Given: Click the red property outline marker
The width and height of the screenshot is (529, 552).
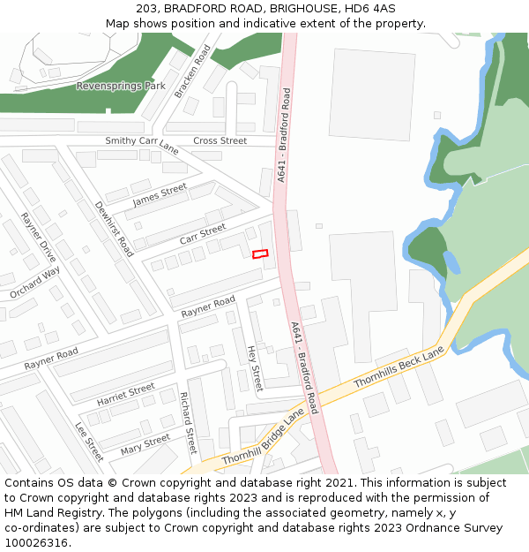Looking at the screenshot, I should [x=260, y=254].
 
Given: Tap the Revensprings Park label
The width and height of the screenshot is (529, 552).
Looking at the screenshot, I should [x=121, y=87].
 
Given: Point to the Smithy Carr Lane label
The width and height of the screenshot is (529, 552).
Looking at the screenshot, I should [x=142, y=146].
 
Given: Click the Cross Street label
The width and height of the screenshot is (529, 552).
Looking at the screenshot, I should [x=220, y=140].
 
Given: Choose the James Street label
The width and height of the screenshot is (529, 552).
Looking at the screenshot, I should [x=160, y=195].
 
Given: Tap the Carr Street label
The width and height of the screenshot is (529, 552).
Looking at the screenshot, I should [x=203, y=235].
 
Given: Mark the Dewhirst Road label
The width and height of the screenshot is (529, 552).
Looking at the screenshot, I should [x=114, y=228].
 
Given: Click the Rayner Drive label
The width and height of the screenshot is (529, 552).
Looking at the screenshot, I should [x=39, y=238].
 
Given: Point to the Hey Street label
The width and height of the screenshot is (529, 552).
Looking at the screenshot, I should [x=255, y=368].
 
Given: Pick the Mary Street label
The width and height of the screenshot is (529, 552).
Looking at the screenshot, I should [x=145, y=443].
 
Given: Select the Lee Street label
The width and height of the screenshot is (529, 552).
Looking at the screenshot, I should [x=89, y=441].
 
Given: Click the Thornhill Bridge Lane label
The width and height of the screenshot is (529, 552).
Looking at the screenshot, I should [x=263, y=437].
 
